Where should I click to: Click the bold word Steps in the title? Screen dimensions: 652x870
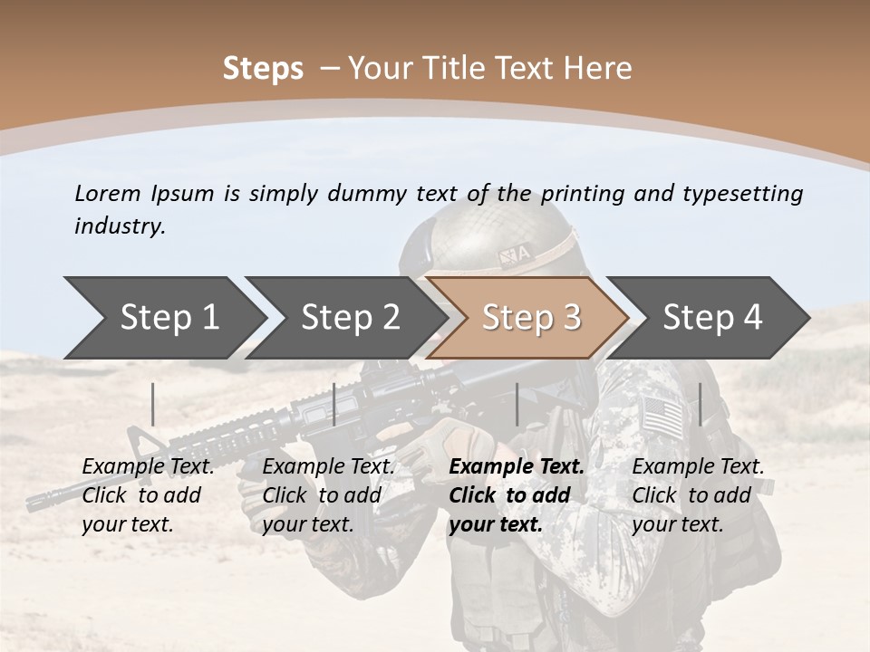point(263,68)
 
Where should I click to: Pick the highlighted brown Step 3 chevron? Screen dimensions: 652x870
point(531,318)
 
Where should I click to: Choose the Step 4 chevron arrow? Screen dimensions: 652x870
point(712,318)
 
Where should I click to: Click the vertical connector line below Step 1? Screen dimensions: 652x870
point(153,404)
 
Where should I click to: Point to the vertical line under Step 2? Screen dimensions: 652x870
point(334,404)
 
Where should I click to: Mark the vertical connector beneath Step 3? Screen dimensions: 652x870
point(517,404)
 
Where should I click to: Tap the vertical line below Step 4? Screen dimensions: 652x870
point(700,404)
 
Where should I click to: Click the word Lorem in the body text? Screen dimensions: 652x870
point(108,194)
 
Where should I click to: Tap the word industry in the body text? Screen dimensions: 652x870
point(119,226)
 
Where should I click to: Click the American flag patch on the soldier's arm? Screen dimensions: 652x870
point(662,416)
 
